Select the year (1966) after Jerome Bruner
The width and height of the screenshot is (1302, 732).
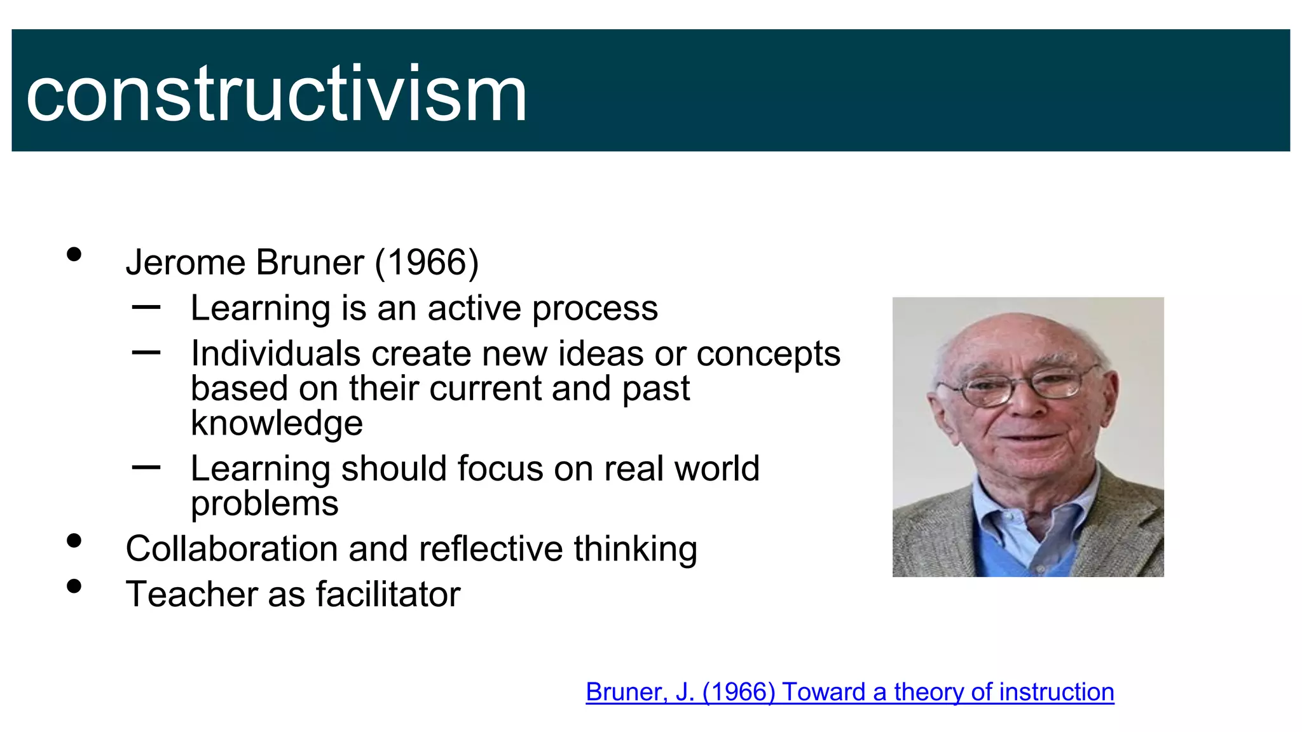pos(427,262)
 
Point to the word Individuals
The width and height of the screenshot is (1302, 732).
pos(275,353)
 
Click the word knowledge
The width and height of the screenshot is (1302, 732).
pos(277,423)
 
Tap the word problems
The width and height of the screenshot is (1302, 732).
pos(264,504)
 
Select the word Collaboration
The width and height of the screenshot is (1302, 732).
pos(231,548)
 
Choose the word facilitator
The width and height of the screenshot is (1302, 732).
pos(388,595)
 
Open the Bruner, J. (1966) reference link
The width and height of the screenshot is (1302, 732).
pos(849,692)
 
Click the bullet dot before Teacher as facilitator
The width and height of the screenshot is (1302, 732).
pos(74,586)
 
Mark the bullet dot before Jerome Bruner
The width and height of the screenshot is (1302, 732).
pos(74,255)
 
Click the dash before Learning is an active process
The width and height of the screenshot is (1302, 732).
pos(146,308)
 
